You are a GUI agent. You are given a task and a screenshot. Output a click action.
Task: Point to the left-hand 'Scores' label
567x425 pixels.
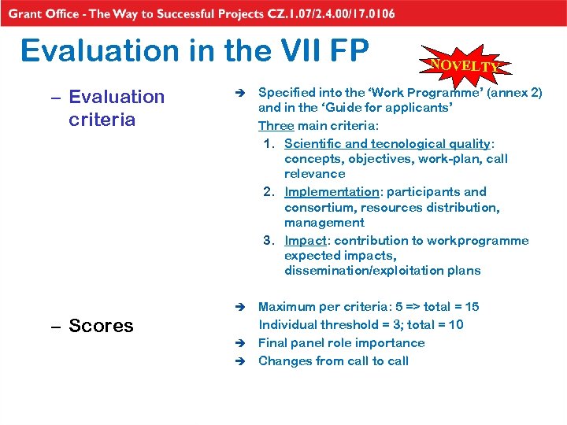point(101,326)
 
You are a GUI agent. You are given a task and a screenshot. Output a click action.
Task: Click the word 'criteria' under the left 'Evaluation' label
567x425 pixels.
point(102,120)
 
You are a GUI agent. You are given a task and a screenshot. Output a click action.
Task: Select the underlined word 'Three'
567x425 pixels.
point(276,126)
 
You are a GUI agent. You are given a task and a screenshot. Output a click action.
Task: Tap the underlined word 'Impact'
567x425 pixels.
point(303,241)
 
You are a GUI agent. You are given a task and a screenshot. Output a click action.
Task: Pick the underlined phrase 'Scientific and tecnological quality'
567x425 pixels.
point(387,143)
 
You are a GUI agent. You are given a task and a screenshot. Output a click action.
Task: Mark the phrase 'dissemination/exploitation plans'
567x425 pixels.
point(382,271)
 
